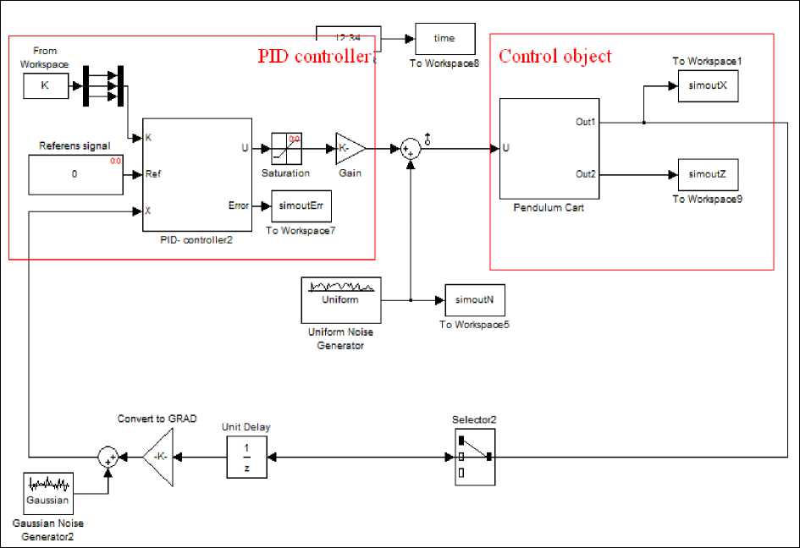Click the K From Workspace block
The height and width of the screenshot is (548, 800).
45,85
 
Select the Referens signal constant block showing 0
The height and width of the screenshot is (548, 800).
74,173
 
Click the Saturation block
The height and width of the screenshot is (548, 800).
286,149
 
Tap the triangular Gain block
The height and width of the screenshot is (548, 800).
349,149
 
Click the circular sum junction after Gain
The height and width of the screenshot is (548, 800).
410,150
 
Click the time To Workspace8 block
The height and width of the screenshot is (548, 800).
444,38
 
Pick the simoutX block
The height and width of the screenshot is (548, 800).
709,85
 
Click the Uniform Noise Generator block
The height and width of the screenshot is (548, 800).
341,299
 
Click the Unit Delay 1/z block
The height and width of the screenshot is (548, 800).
247,456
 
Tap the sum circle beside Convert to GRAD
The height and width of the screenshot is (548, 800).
108,457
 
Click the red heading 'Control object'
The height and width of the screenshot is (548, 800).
554,57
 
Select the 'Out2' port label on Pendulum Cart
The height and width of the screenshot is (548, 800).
586,174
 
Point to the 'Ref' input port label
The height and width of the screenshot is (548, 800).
153,174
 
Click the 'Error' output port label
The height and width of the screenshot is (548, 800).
239,205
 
